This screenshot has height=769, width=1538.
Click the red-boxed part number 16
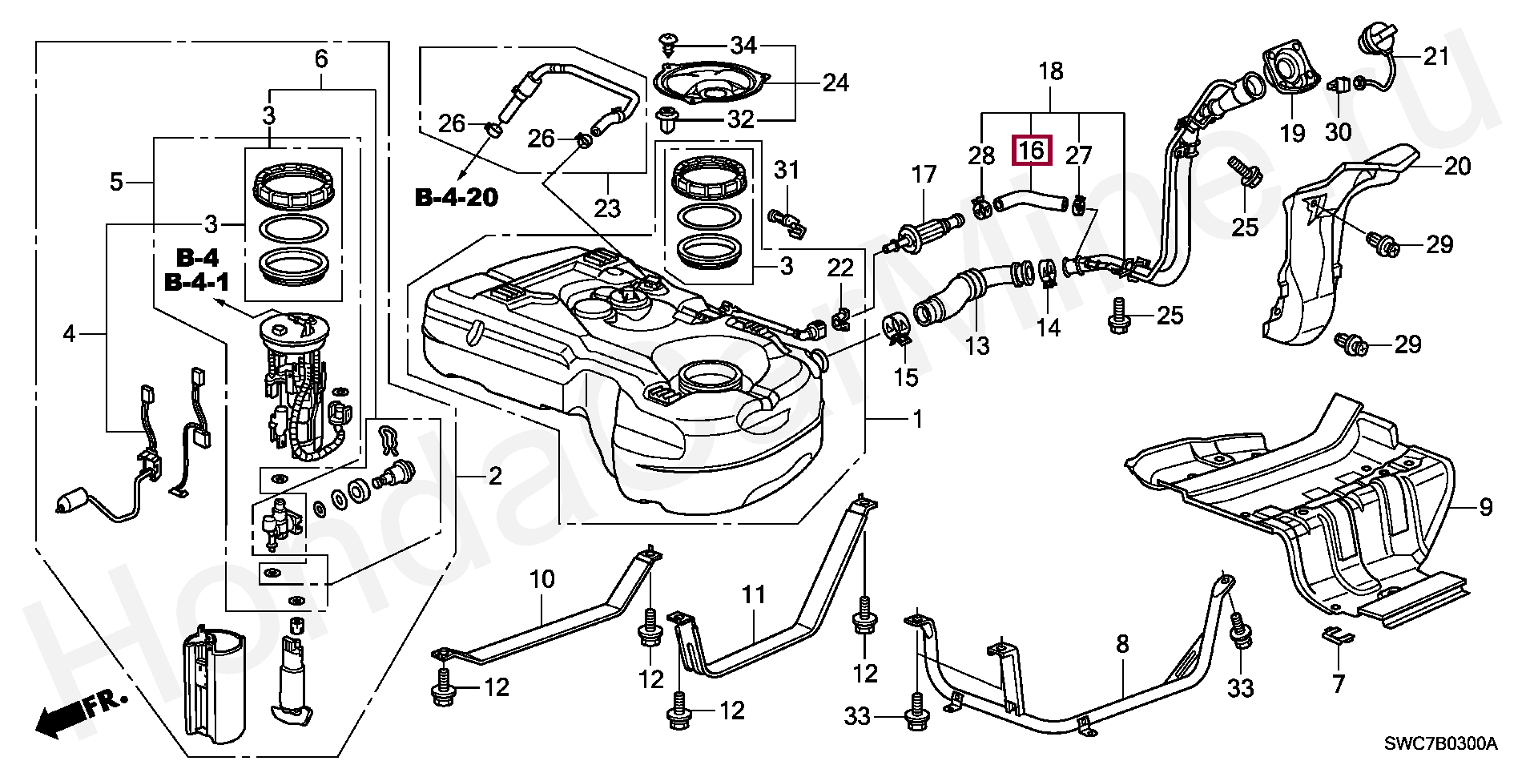coord(1032,150)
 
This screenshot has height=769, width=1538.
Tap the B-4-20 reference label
coord(457,197)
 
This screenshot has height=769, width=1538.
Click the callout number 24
coord(835,83)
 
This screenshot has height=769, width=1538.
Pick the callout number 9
coord(1486,507)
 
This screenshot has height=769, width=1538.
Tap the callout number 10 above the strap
coord(542,579)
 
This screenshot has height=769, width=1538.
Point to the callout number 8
coord(1122,643)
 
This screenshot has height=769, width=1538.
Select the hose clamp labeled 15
coord(897,331)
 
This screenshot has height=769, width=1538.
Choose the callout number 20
coord(1458,166)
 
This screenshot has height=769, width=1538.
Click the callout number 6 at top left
coord(321,58)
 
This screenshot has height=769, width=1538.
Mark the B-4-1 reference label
coord(196,283)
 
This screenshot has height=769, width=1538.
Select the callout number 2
coord(494,477)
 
